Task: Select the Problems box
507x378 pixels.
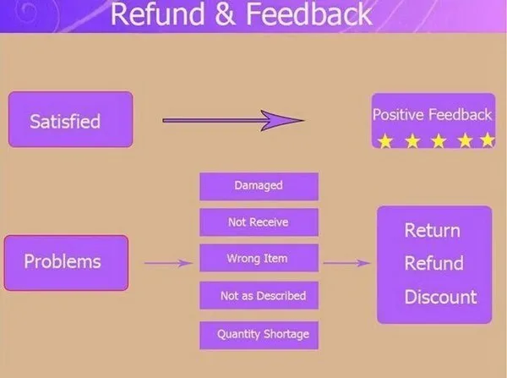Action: [x=66, y=262]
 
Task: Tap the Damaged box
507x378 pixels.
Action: [x=259, y=186]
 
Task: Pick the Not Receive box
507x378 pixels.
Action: [x=259, y=222]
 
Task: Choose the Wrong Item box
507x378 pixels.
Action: [x=259, y=259]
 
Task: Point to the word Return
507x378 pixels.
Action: [x=432, y=231]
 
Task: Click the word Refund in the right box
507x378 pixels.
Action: [x=433, y=263]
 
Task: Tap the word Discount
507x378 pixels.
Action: [x=440, y=297]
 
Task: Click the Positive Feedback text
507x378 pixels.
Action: [x=432, y=114]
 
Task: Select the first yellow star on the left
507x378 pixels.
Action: [x=385, y=140]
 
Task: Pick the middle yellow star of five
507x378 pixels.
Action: [x=437, y=140]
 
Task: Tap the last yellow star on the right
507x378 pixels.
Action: [x=487, y=140]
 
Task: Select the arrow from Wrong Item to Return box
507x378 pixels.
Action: [x=346, y=263]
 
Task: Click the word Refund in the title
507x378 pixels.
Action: [x=155, y=14]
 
